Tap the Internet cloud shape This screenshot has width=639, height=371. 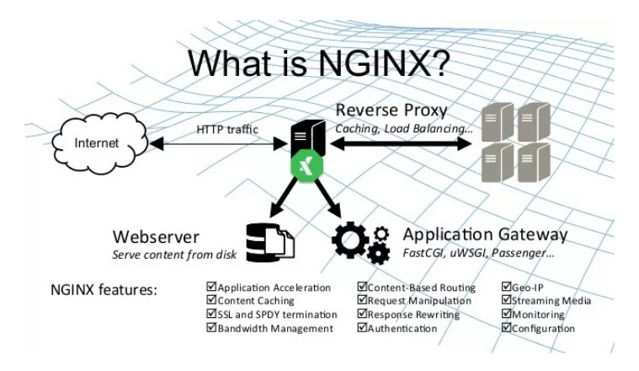(x=98, y=143)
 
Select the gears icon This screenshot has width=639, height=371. (x=360, y=241)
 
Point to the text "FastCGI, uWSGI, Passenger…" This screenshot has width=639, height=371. (x=477, y=251)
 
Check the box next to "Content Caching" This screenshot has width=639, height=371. (x=211, y=301)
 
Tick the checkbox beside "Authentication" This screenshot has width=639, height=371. (x=363, y=328)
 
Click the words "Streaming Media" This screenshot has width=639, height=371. (x=552, y=301)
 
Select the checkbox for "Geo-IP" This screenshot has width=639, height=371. (x=507, y=288)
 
